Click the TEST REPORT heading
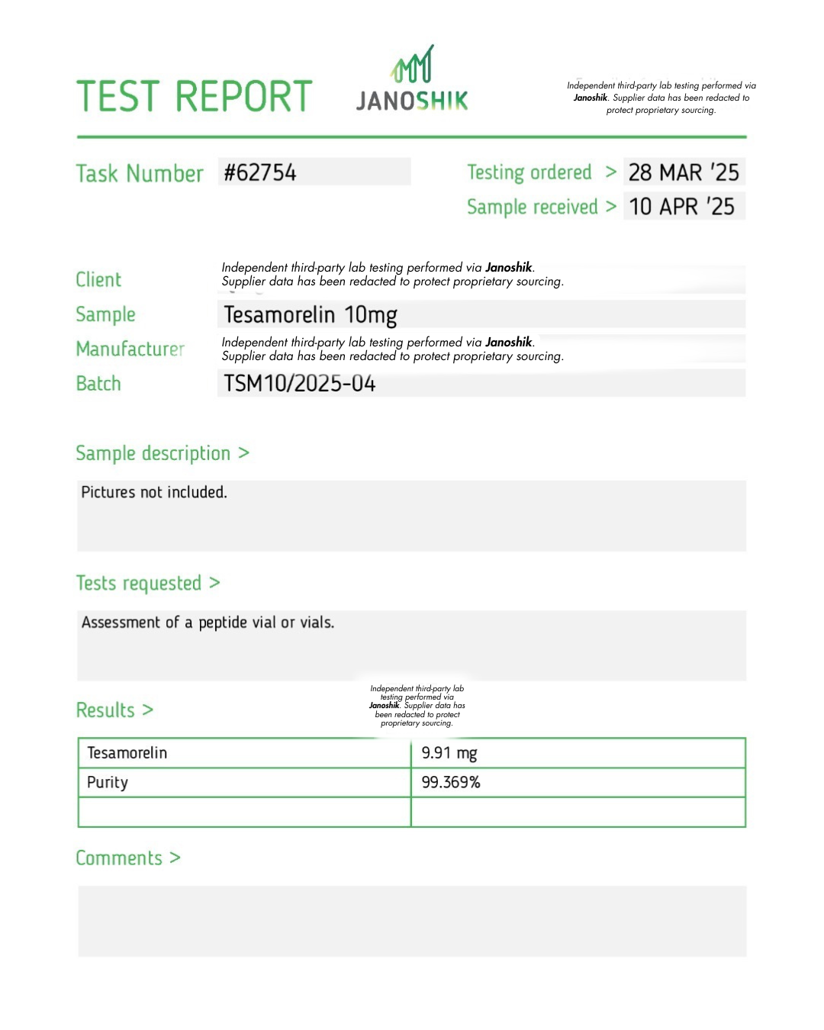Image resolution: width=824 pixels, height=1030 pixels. pyautogui.click(x=195, y=97)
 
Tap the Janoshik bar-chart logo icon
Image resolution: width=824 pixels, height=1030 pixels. pyautogui.click(x=413, y=65)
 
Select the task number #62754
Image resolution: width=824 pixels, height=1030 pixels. pyautogui.click(x=260, y=172)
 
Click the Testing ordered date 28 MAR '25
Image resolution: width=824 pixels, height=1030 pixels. pyautogui.click(x=684, y=172)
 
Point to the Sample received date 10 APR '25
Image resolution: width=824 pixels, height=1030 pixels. pyautogui.click(x=682, y=207)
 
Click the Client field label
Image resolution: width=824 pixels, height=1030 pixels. pyautogui.click(x=98, y=280)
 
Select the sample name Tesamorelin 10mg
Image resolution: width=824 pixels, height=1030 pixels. pyautogui.click(x=311, y=315)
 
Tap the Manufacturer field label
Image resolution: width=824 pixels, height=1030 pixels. pyautogui.click(x=130, y=349)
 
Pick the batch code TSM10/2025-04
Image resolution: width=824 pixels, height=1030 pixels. pyautogui.click(x=300, y=383)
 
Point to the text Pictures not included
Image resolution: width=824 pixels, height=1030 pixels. pyautogui.click(x=154, y=492)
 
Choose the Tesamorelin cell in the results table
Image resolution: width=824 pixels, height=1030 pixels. pyautogui.click(x=127, y=753)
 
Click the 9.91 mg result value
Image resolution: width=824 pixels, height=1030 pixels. pyautogui.click(x=449, y=753)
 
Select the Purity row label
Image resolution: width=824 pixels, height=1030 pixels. pyautogui.click(x=108, y=783)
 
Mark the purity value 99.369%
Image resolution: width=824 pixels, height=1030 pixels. pyautogui.click(x=451, y=783)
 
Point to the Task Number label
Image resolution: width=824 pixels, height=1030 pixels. pyautogui.click(x=140, y=174)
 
